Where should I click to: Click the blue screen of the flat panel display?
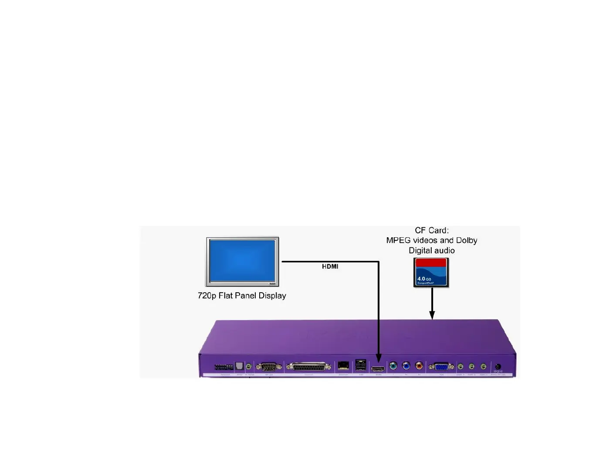coord(242,261)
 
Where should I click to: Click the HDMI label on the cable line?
coord(330,266)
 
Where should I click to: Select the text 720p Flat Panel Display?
coord(242,296)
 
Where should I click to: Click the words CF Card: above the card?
coord(431,230)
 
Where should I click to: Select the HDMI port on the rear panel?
coord(378,369)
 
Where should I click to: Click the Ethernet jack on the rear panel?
coord(343,366)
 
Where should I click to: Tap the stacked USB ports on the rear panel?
coord(361,365)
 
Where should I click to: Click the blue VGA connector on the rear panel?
coord(441,367)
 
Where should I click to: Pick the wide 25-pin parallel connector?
coord(308,367)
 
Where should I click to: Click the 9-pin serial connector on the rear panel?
coord(269,367)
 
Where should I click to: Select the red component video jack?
coord(419,365)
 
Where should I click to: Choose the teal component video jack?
coord(393,365)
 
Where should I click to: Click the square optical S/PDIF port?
coord(239,366)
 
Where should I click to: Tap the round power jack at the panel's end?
coord(498,367)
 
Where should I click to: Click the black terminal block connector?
coord(223,367)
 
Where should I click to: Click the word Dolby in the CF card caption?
coord(466,240)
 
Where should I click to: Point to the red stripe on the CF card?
coord(431,263)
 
